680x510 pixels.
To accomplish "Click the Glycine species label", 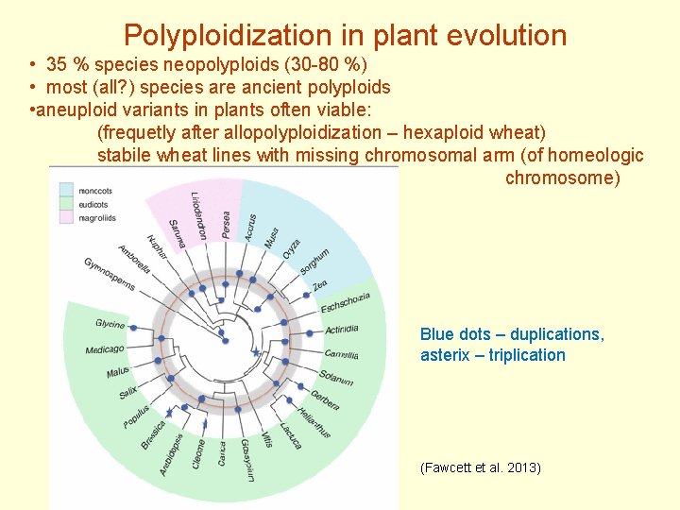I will tap(110, 324).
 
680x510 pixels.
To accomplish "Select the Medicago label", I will tap(104, 349).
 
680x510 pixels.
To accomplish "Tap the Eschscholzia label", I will tap(346, 304).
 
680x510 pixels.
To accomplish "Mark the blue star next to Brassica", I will tap(169, 412).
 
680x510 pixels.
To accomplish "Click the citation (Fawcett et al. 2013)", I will tap(480, 467).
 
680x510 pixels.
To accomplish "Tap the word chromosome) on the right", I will tap(563, 178).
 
